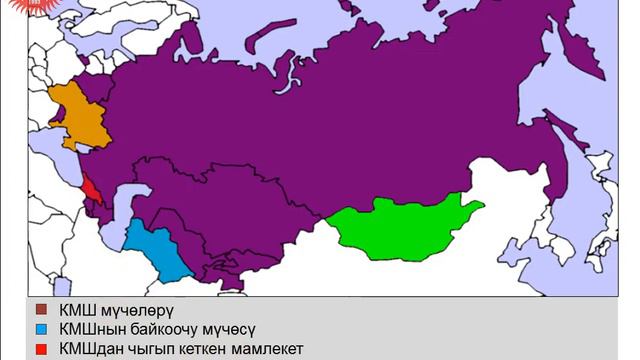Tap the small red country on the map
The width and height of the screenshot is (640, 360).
point(90,188)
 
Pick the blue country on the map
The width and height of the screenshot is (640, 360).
point(155,250)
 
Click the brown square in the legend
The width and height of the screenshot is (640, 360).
point(41,310)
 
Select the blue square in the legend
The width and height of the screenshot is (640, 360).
point(41,329)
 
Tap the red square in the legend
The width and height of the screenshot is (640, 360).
point(41,349)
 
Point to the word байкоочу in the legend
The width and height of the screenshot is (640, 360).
point(174,329)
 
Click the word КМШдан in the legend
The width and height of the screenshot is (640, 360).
point(90,349)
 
